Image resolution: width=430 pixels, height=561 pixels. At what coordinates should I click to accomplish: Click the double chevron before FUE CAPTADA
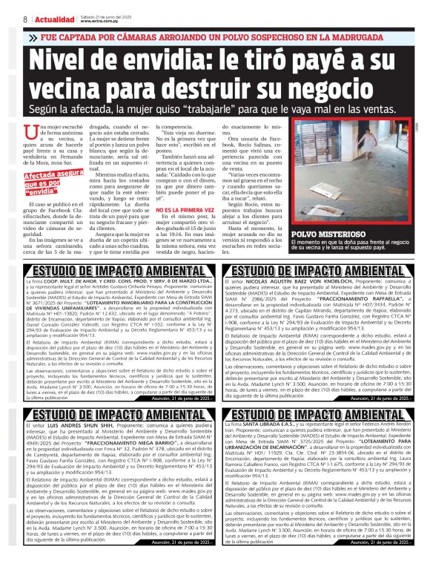[x=35, y=36]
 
